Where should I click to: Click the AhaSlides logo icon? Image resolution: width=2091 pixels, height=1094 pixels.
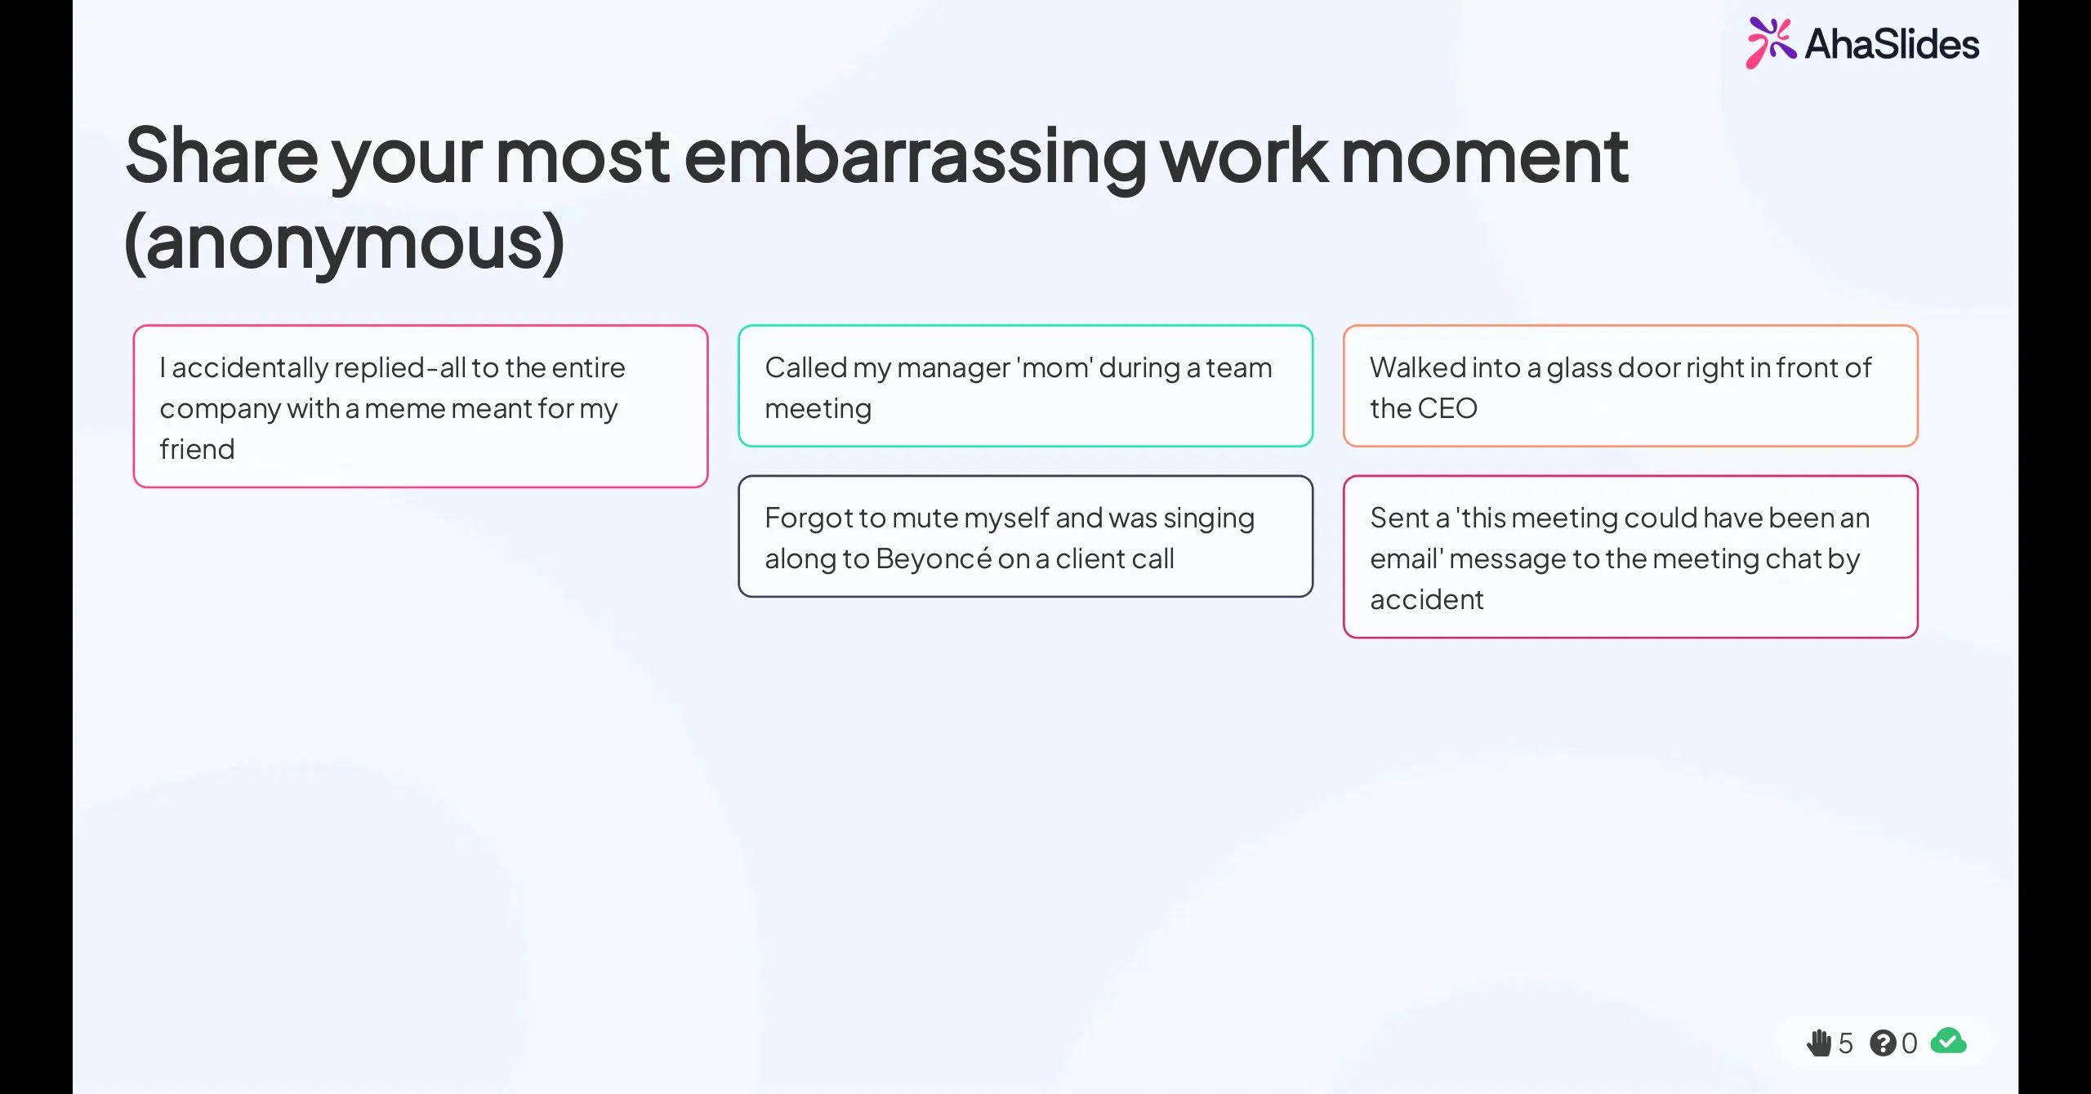[x=1769, y=42]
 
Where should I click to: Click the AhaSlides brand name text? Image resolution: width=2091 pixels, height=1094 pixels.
[x=1892, y=44]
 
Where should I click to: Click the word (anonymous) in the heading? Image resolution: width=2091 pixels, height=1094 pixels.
[x=344, y=242]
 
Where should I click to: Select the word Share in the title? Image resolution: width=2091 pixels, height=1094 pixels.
[x=221, y=157]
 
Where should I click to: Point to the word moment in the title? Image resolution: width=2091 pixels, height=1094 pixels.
[x=1484, y=157]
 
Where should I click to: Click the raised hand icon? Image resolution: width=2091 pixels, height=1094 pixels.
[x=1818, y=1043]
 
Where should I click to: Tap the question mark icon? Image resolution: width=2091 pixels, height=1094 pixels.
[x=1882, y=1043]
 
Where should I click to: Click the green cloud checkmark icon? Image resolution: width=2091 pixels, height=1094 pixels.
[x=1948, y=1041]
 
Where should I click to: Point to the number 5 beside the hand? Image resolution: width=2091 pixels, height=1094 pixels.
[x=1846, y=1043]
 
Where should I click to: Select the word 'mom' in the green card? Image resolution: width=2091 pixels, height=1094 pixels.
[x=1054, y=368]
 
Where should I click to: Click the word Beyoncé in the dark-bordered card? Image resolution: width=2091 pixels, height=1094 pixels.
[x=933, y=558]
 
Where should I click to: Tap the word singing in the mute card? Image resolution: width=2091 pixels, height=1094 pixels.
[x=1209, y=518]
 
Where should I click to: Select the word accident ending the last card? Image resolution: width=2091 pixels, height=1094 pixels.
[x=1426, y=599]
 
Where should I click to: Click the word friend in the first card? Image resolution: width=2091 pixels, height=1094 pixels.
[x=197, y=449]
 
